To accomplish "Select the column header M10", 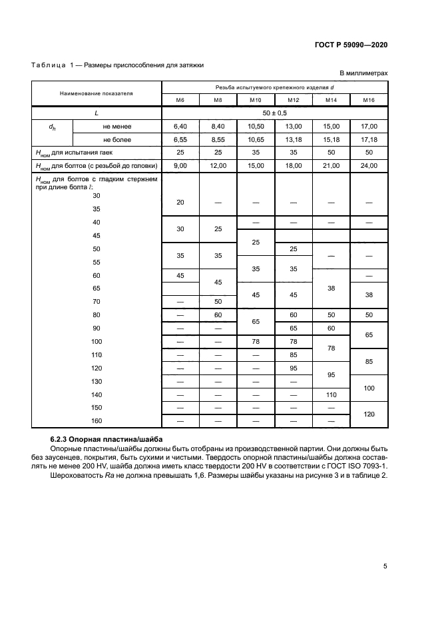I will coord(256,101).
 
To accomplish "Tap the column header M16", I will coord(369,101).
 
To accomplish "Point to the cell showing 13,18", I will coord(294,139).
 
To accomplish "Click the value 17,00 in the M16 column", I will coord(369,126).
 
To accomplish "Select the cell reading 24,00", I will coord(369,165).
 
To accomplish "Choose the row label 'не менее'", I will coord(116,126).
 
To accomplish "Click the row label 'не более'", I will coord(116,139).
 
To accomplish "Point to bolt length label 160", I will coord(97,420).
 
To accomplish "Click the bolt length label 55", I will coord(97,262).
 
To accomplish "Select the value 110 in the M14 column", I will coord(331,394).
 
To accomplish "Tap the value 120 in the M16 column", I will coord(369,414).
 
